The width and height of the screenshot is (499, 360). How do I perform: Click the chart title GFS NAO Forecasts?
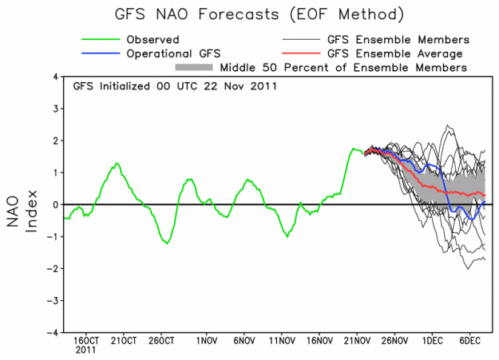click(250, 14)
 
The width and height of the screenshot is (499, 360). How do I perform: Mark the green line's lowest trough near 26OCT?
click(167, 243)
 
